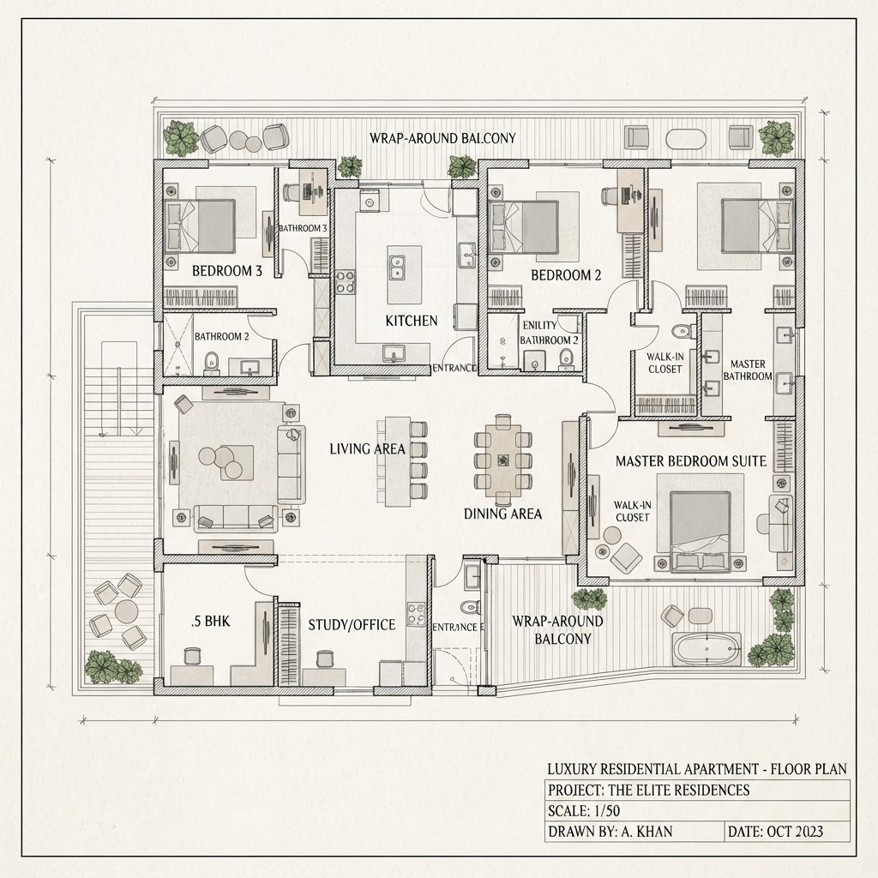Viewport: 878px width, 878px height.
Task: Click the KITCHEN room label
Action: (x=411, y=321)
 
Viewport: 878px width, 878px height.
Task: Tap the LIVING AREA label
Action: (x=367, y=449)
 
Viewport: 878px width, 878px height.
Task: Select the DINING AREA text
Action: (x=502, y=514)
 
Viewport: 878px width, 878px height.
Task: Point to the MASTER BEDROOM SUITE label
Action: (x=691, y=461)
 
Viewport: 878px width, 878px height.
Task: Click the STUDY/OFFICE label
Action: (x=352, y=625)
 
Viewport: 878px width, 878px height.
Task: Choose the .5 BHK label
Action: (x=211, y=621)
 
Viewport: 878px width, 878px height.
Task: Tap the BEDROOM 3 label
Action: (x=226, y=271)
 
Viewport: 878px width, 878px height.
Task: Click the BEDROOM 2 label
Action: (x=566, y=275)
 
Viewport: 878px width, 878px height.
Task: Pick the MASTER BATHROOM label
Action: (x=748, y=370)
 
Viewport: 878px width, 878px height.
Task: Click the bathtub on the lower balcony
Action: (x=707, y=650)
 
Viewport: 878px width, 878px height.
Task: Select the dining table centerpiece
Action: (x=502, y=460)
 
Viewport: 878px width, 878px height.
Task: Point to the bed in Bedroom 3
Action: (x=199, y=226)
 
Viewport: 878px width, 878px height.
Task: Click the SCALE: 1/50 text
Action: (x=584, y=811)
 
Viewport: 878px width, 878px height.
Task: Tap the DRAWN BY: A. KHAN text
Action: (x=610, y=832)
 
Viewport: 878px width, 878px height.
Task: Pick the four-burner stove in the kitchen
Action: (x=345, y=282)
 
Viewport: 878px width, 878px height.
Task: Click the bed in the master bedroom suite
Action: (x=701, y=532)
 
